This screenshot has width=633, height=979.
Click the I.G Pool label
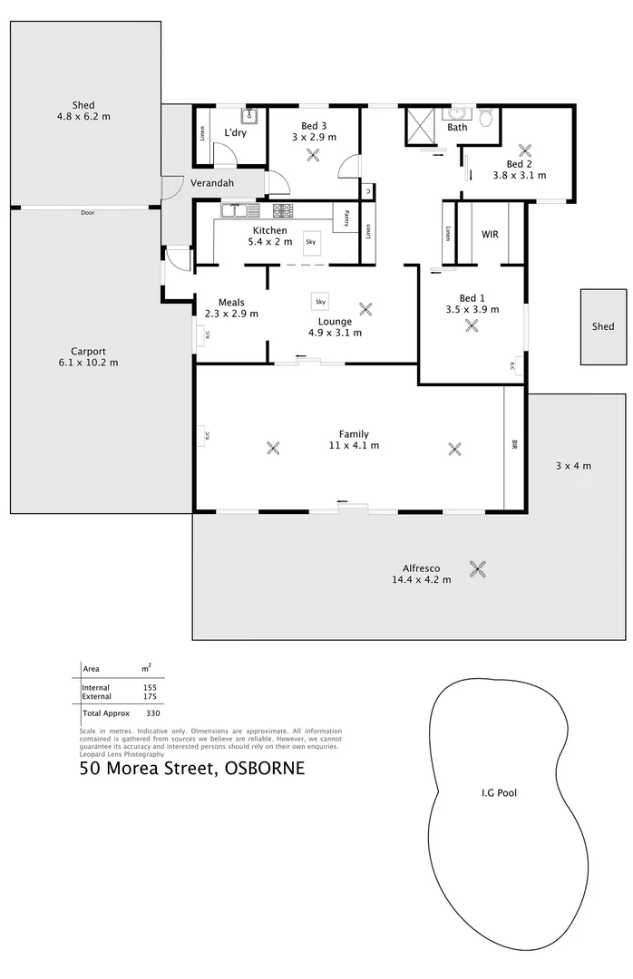[499, 792]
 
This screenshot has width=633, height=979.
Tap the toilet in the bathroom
[486, 117]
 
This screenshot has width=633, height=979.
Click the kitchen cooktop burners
[283, 210]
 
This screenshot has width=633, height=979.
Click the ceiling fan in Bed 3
[314, 155]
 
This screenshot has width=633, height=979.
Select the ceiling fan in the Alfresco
[478, 568]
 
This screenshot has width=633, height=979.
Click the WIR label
[490, 234]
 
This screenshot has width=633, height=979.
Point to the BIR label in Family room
[514, 445]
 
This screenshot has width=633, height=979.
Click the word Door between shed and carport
[87, 212]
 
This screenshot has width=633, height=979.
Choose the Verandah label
[212, 183]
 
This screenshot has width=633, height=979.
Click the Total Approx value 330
[152, 713]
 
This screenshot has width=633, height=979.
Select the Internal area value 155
[150, 687]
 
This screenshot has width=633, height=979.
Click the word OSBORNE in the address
[263, 769]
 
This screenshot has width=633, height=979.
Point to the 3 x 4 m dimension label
[573, 466]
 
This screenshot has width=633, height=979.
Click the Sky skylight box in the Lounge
[319, 300]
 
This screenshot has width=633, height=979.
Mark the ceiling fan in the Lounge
[365, 308]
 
